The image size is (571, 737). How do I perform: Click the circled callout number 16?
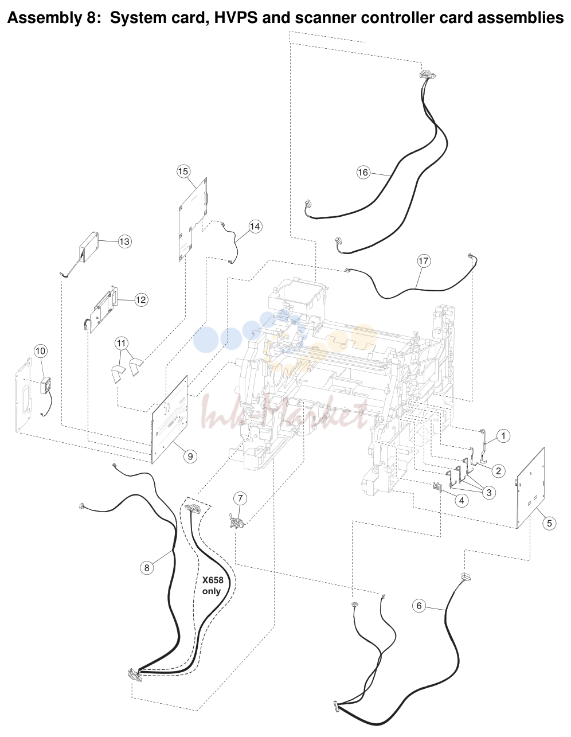coord(362,172)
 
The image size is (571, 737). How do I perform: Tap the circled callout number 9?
coord(190,456)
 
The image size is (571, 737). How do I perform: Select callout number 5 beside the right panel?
coord(549,523)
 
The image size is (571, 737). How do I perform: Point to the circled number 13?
coord(124,241)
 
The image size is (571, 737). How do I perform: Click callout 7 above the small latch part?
coord(240,498)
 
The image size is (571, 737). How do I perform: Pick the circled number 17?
coord(423,261)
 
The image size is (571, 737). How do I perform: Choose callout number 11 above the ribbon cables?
coord(122,343)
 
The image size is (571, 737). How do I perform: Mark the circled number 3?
coord(488,493)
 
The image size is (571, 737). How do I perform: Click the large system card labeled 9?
coord(170,420)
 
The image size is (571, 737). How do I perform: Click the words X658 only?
coord(213,586)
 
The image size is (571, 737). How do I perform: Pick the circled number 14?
coord(255,226)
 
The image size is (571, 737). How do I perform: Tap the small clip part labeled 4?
coord(437,487)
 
